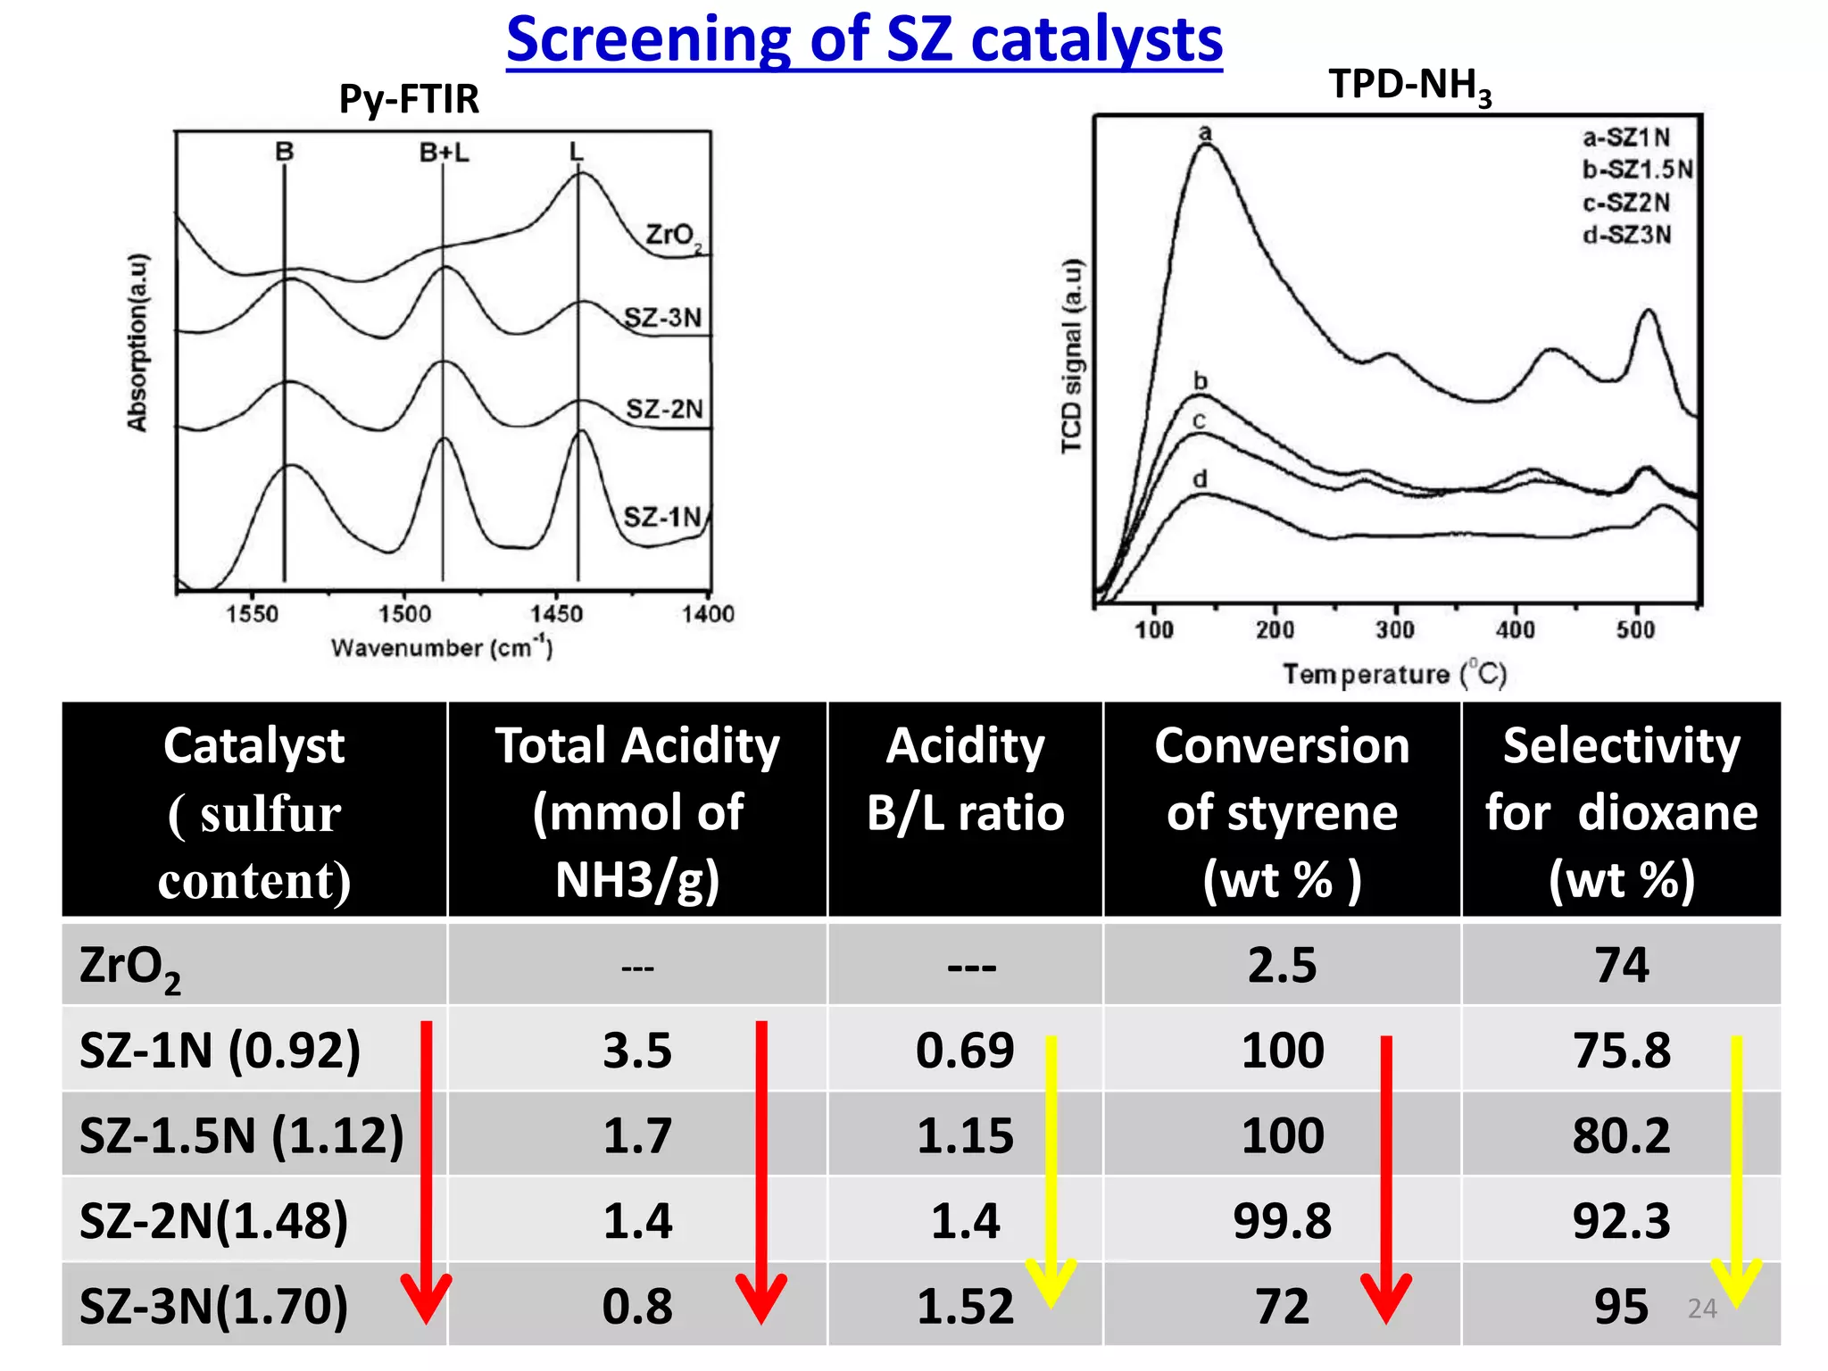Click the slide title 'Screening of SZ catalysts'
864,40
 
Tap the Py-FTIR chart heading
409,99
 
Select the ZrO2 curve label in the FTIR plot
673,236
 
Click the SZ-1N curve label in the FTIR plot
662,517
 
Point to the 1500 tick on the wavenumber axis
404,614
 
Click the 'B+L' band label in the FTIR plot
444,154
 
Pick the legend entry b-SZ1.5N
1637,170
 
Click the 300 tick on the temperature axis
1394,630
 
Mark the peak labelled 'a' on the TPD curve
1205,134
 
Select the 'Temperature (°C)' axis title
1394,674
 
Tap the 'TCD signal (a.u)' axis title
1072,357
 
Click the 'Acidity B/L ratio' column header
965,779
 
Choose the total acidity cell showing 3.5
636,1051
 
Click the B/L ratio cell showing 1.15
965,1136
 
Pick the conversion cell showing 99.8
1282,1221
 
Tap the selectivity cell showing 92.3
1621,1221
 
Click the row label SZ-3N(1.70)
214,1306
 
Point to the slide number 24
1702,1309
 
